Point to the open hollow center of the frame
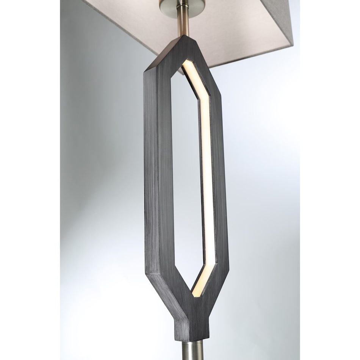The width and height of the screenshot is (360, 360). coord(186,171)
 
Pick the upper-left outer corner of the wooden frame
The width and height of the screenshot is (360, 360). coord(145,71)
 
